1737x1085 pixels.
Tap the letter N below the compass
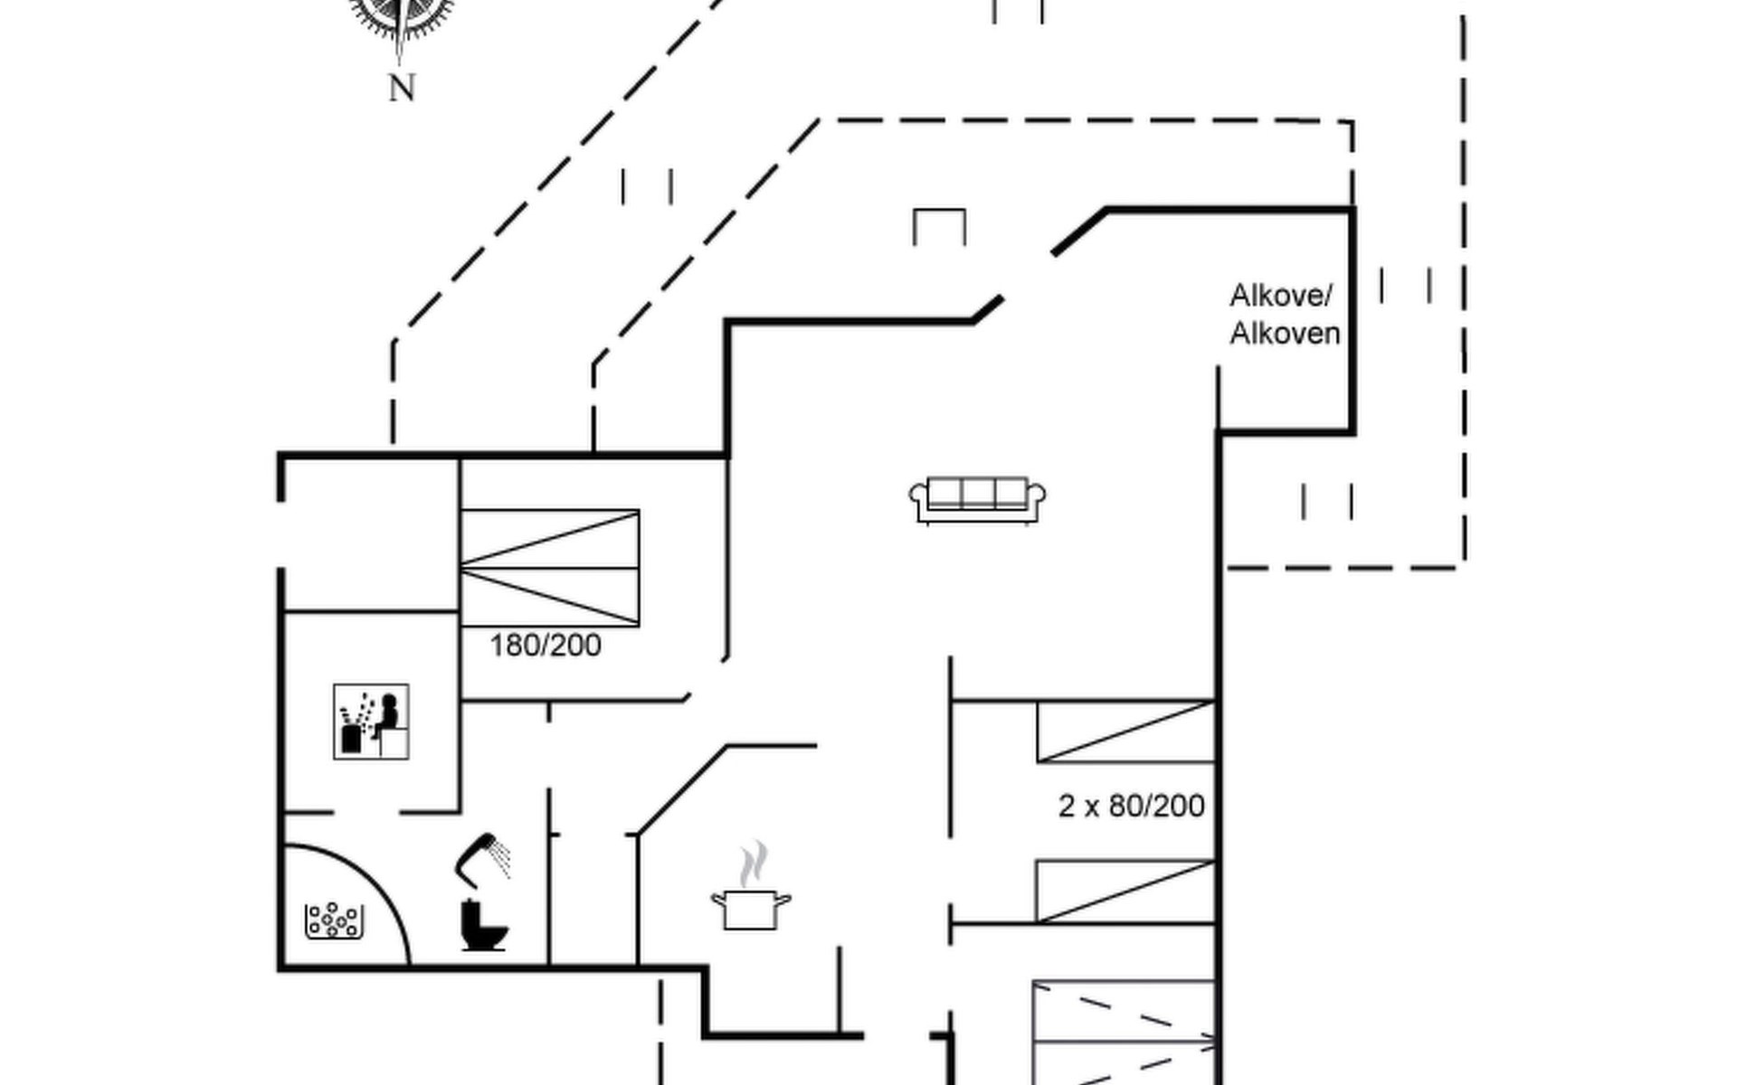click(x=402, y=89)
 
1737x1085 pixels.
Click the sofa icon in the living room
click(x=977, y=500)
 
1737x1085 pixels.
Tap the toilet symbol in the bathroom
click(x=483, y=924)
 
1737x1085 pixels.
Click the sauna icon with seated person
click(x=371, y=721)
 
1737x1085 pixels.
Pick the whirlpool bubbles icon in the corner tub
click(x=334, y=920)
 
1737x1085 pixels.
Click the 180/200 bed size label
click(x=545, y=646)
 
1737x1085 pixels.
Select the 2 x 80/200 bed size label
click(x=1131, y=806)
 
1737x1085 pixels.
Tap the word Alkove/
click(x=1280, y=296)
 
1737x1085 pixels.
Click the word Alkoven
click(x=1285, y=334)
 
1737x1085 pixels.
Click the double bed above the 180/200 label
click(x=549, y=568)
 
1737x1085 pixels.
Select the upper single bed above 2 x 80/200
click(x=1125, y=731)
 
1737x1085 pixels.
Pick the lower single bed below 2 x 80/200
click(x=1125, y=892)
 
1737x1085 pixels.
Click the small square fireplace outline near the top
click(x=939, y=226)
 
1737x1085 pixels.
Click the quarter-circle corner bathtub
click(x=344, y=909)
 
